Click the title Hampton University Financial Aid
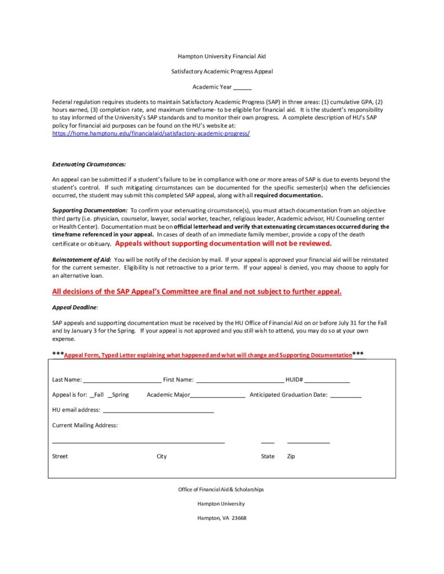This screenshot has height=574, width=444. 222,57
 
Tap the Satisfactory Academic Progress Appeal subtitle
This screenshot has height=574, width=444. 222,72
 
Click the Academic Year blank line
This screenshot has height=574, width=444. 242,89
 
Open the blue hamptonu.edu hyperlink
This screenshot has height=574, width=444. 151,133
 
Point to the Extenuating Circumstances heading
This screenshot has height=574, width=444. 89,164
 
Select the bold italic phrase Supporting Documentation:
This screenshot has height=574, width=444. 90,210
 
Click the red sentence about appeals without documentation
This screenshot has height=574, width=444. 223,244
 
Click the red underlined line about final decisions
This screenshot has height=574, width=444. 197,291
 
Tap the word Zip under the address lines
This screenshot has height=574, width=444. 291,456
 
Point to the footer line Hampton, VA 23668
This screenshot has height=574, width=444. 222,518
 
